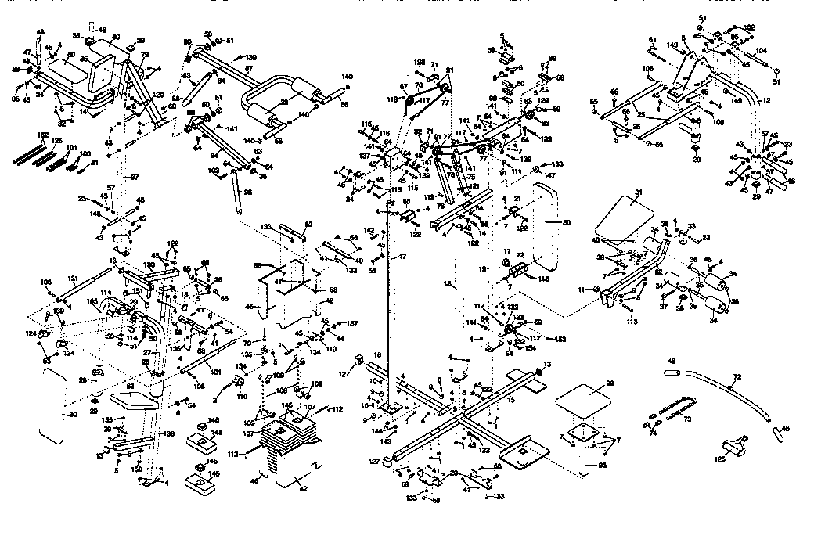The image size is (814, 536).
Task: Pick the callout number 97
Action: point(134,178)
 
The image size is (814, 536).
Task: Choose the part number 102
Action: point(750,27)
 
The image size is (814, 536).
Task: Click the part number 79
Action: point(144,54)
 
